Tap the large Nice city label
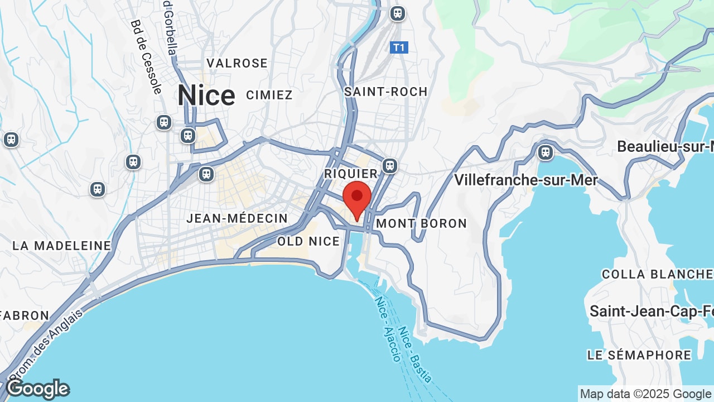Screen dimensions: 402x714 [x=206, y=95]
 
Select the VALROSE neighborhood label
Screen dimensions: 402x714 [x=237, y=63]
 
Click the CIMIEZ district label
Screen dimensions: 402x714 [x=269, y=95]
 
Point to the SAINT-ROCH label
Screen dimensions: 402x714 [x=386, y=92]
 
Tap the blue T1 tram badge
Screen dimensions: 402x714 [x=399, y=47]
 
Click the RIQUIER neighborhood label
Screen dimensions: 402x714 [x=351, y=174]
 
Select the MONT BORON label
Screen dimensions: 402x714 [x=422, y=223]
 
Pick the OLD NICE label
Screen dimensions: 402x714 [x=308, y=241]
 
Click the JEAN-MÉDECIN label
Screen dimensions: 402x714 [x=237, y=218]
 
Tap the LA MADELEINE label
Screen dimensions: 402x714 [x=62, y=246]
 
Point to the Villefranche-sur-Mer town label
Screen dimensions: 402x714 [x=526, y=180]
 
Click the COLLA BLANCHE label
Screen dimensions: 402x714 [x=657, y=274]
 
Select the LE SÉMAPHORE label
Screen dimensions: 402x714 [x=639, y=355]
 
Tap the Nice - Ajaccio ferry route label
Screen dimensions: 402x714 [x=388, y=329]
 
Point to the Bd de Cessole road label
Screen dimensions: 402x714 [x=146, y=56]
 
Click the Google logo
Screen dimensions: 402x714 [x=38, y=389]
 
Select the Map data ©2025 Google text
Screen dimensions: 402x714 [x=646, y=394]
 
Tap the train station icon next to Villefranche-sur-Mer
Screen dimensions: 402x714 [x=545, y=152]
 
